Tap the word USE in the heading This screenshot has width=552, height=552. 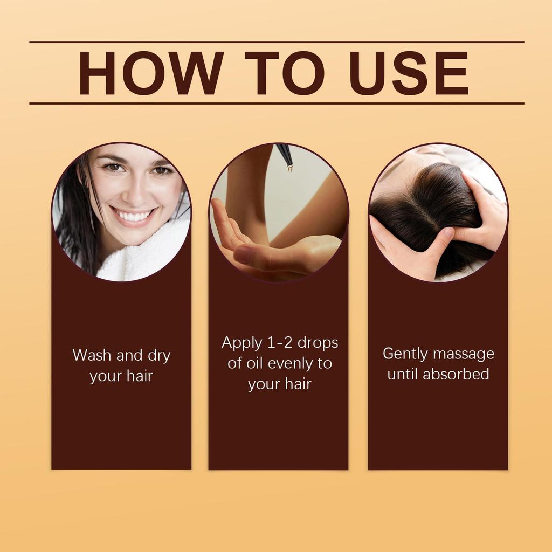tap(408, 73)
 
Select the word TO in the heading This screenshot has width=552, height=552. tap(284, 73)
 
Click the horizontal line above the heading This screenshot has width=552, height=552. tap(276, 42)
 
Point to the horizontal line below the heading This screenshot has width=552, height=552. tap(276, 103)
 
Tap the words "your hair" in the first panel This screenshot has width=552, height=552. tap(121, 376)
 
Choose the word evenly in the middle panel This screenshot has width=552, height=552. tap(291, 363)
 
